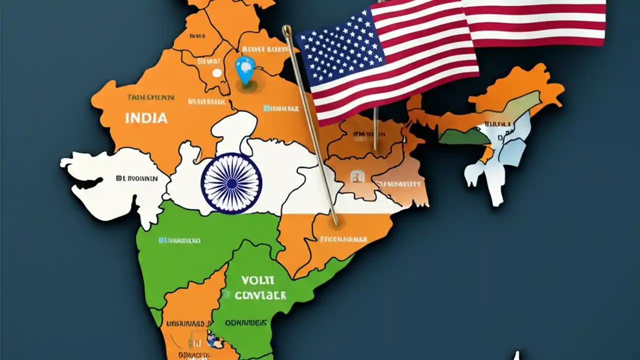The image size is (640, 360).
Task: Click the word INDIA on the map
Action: point(146,118)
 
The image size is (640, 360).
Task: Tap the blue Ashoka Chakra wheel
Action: point(231,183)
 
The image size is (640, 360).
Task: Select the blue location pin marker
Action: point(245,69)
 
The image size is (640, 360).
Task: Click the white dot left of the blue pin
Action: point(216,73)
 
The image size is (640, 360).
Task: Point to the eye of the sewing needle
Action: point(287,32)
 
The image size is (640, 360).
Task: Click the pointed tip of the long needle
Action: point(336,223)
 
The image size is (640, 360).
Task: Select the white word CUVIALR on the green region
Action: point(260,295)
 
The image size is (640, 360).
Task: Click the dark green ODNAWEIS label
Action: point(245,323)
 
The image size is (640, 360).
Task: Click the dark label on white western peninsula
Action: point(136,178)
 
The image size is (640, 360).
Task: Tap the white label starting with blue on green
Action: point(179,240)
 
